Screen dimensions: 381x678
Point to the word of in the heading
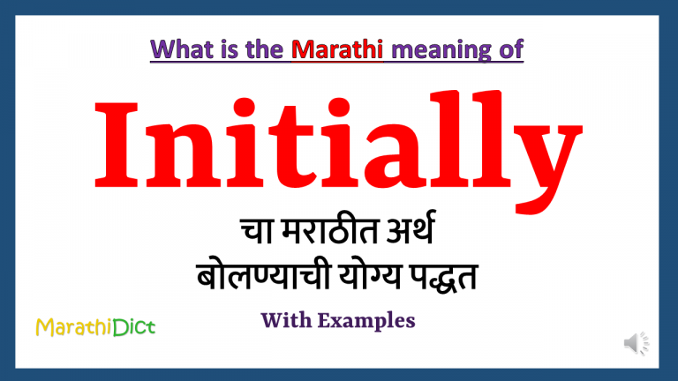pyautogui.click(x=509, y=51)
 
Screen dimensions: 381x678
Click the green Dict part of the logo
pyautogui.click(x=133, y=328)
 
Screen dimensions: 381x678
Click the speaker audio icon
pyautogui.click(x=636, y=343)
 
